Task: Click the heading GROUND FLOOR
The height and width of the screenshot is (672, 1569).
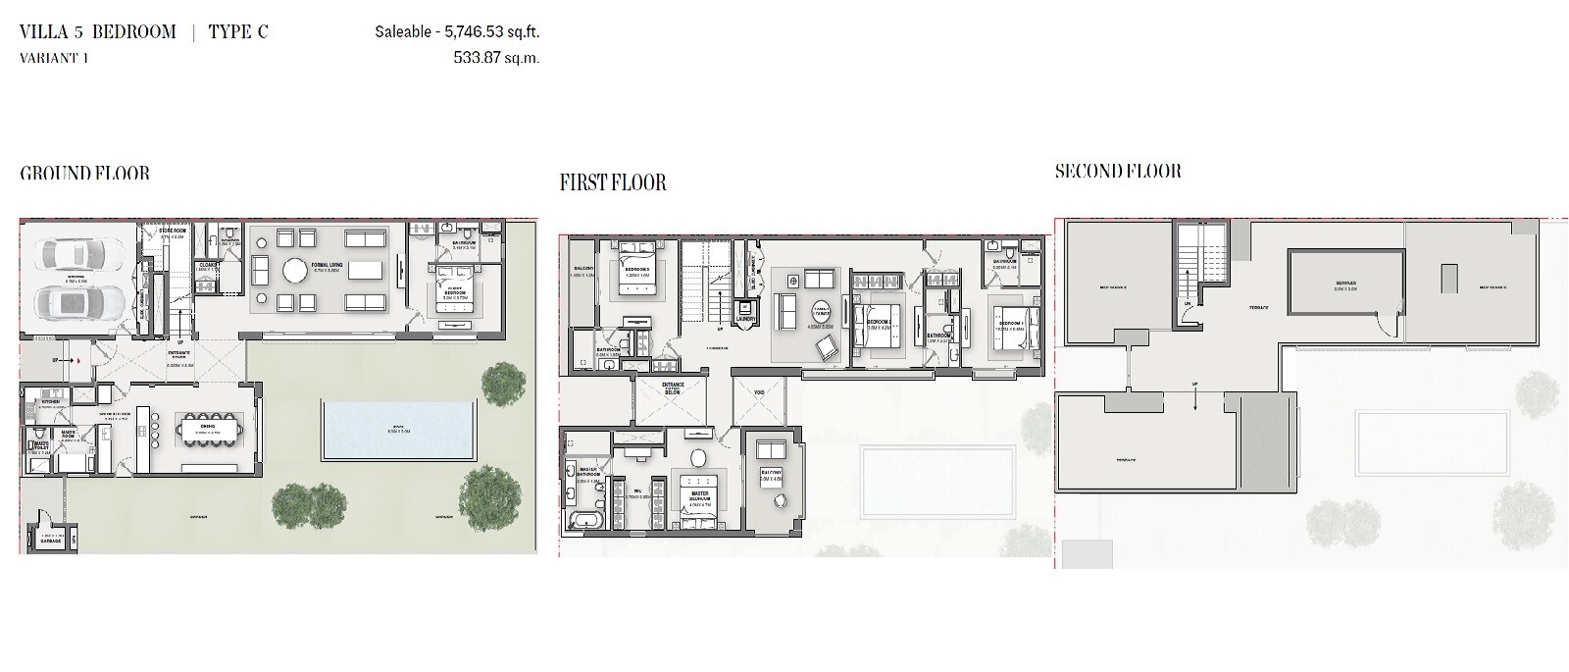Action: tap(85, 174)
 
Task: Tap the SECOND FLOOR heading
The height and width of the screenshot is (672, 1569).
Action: tap(1118, 172)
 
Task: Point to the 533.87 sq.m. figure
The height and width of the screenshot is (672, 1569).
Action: tap(496, 58)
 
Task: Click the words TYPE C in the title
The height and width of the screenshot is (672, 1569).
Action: tap(238, 32)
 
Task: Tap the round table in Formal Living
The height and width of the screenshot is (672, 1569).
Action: tap(296, 270)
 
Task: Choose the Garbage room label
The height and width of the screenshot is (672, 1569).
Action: tap(50, 542)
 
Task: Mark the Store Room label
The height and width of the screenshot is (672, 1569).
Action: tap(174, 233)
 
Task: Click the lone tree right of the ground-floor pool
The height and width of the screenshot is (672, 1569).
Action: tap(503, 383)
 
